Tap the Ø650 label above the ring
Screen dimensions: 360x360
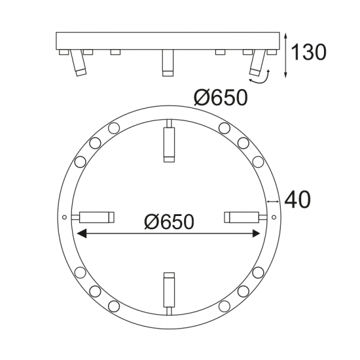[x=221, y=98]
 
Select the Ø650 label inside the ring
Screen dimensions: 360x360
[x=169, y=223]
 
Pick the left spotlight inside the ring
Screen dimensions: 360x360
[x=97, y=216]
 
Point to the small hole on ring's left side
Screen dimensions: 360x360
[x=64, y=217]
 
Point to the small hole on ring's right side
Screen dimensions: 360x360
[x=274, y=216]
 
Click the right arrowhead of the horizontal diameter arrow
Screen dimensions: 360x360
[x=257, y=233]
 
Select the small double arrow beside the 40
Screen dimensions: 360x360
[x=274, y=201]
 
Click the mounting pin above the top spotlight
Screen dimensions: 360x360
[x=169, y=124]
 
